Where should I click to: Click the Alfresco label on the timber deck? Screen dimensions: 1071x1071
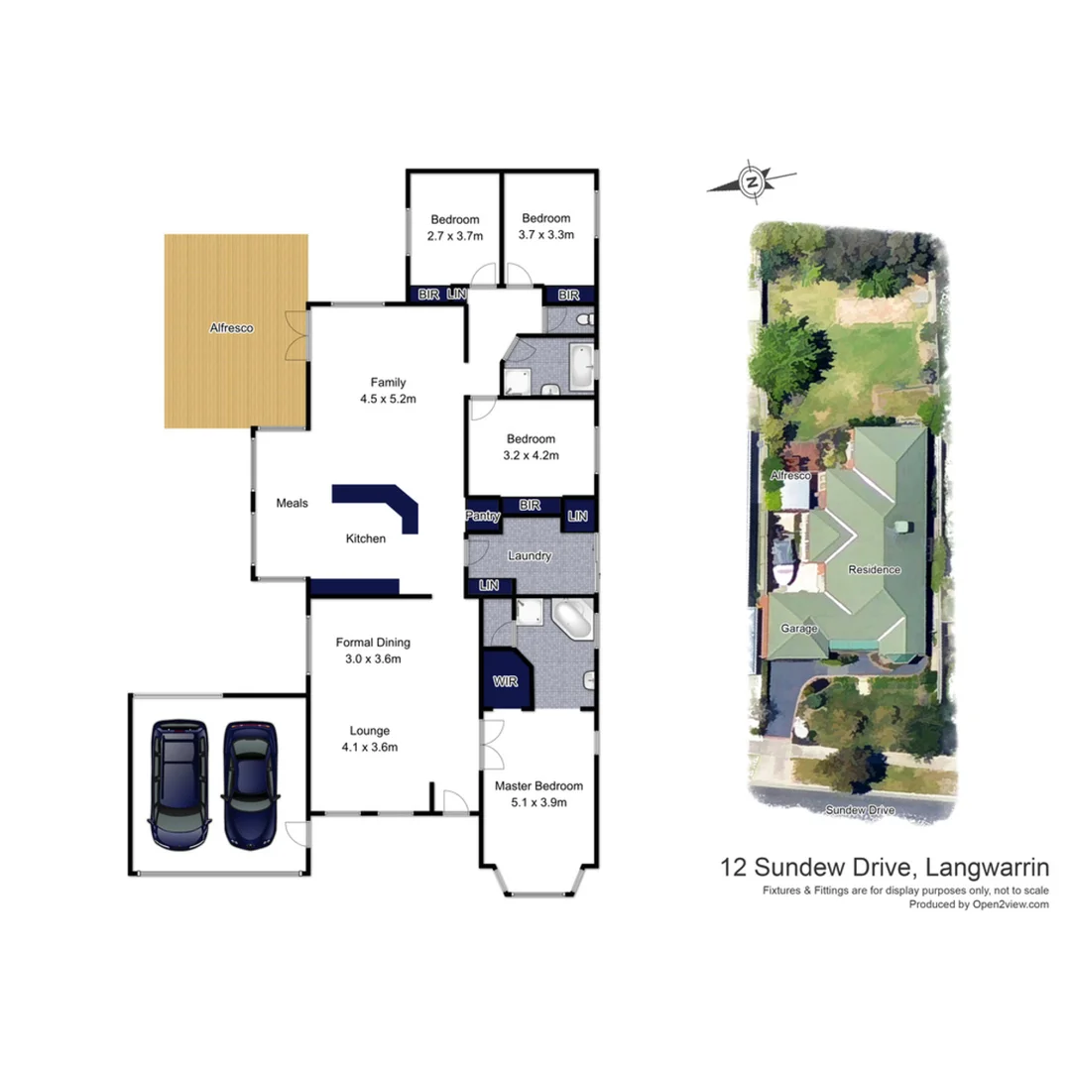230,327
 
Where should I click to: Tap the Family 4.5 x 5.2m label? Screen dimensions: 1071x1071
388,391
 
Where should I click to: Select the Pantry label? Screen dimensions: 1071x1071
483,516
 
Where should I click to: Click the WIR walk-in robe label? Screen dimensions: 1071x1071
506,683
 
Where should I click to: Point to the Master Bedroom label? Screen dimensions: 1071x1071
539,794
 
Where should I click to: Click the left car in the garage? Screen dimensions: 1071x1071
179,784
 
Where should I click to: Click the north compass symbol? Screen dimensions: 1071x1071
752,181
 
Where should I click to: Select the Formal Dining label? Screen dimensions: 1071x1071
373,651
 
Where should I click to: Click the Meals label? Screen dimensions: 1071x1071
292,503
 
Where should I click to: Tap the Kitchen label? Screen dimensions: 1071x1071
365,538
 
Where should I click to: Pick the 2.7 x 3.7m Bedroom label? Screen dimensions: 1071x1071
454,227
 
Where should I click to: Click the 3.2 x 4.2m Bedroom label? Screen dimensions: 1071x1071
533,447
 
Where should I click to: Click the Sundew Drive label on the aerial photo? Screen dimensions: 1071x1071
861,810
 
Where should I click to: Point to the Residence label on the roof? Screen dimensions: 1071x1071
874,569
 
